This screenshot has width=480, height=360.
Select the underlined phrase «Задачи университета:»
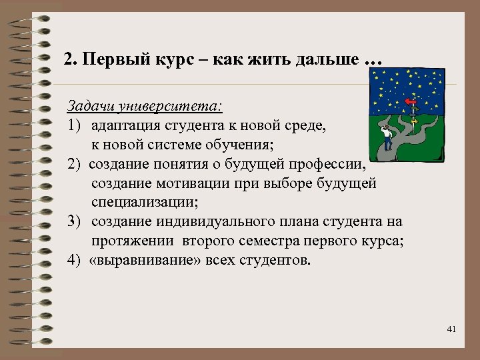(145, 107)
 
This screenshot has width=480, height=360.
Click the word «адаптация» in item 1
(124, 125)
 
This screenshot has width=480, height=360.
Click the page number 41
(451, 329)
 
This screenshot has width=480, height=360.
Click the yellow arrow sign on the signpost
(414, 121)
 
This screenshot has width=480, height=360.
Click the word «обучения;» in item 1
(258, 144)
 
